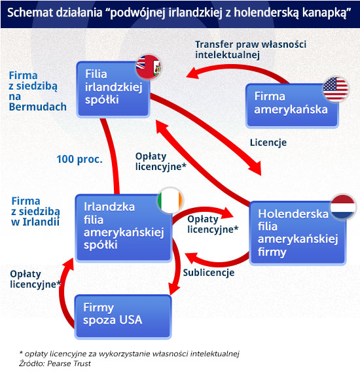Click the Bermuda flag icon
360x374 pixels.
[x=149, y=67]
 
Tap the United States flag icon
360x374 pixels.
[x=335, y=89]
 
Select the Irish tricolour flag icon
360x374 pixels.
[x=170, y=200]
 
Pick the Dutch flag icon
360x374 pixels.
[x=343, y=207]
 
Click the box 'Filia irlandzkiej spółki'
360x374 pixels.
[x=113, y=90]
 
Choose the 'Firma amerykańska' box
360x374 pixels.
[x=292, y=105]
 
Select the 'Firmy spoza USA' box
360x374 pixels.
[x=123, y=316]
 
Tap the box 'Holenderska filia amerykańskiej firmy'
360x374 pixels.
[x=298, y=233]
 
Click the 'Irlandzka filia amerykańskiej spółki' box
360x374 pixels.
[x=124, y=228]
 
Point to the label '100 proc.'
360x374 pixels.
[x=79, y=159]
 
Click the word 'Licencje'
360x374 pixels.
[x=268, y=143]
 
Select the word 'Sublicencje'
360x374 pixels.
[x=209, y=273]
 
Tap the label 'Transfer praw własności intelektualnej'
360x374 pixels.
[x=251, y=50]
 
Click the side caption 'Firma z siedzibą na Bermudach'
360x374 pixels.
[x=37, y=91]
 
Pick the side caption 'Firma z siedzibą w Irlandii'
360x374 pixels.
[x=35, y=211]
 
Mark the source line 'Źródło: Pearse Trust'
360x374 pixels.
[x=55, y=364]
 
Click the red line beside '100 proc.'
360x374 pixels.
[x=112, y=156]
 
